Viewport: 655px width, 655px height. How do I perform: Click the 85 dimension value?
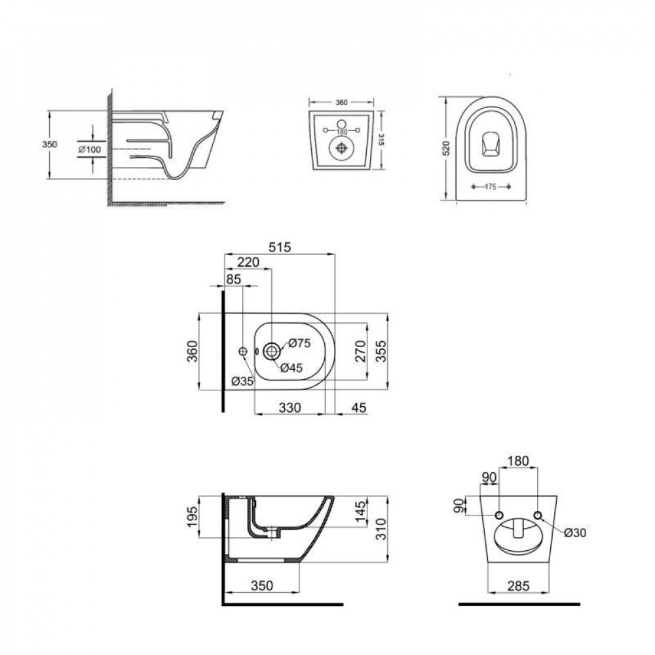coord(233,279)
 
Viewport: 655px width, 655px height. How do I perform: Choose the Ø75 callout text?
coord(299,343)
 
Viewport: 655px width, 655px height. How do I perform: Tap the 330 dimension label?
coord(290,408)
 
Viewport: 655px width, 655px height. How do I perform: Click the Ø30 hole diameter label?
coord(573,533)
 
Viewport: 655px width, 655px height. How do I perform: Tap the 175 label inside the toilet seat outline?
coord(491,187)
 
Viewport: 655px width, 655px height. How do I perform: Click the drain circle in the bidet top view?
coord(271,352)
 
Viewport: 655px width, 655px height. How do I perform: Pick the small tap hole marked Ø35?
coord(242,352)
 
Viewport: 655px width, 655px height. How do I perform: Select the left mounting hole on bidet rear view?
coord(500,515)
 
